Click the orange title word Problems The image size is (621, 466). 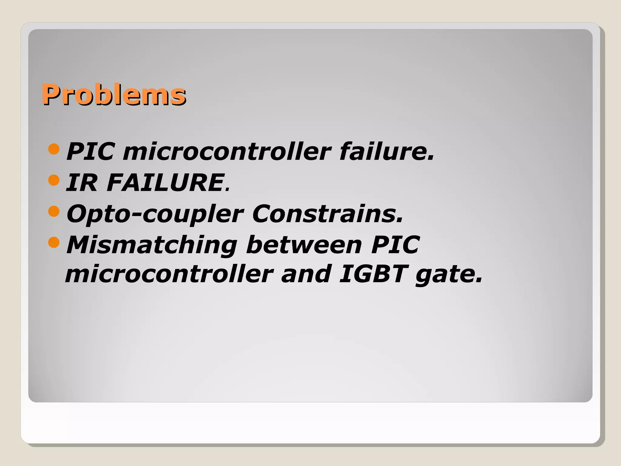click(x=114, y=95)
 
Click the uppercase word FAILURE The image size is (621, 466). click(x=166, y=183)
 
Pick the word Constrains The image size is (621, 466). click(x=327, y=214)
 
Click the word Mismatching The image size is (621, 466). click(x=152, y=245)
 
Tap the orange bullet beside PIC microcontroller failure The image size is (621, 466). click(x=54, y=149)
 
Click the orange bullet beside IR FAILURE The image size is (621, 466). click(x=54, y=180)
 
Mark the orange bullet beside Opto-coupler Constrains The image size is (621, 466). click(x=54, y=211)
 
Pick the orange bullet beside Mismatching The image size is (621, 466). click(x=54, y=242)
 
